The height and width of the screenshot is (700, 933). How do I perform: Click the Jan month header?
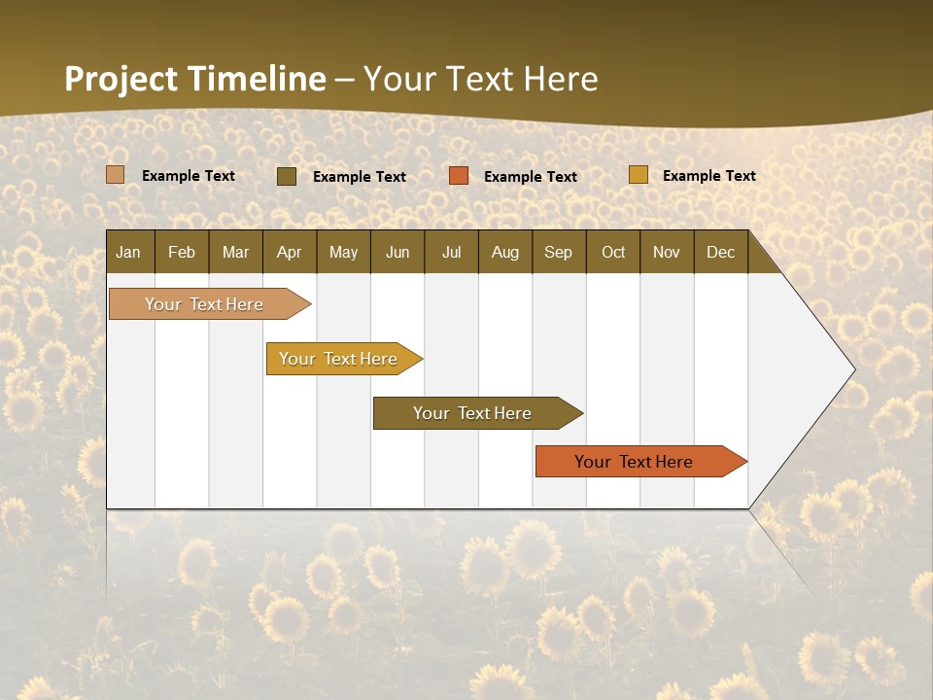point(129,252)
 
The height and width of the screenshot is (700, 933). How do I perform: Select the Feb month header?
point(182,252)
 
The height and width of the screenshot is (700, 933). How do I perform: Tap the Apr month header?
point(289,252)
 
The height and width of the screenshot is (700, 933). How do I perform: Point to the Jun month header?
point(397,252)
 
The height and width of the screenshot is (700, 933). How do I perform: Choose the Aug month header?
point(504,252)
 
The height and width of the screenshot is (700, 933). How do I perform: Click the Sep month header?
point(558,252)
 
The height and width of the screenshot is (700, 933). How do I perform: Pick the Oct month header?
point(613,252)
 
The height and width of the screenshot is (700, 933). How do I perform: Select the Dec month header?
point(720,252)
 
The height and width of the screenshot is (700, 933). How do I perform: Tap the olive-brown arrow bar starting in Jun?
point(474,413)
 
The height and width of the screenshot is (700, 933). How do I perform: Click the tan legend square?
point(116,175)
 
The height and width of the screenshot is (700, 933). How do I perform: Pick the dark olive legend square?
point(287,176)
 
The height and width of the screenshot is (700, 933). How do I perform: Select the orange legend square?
point(459,176)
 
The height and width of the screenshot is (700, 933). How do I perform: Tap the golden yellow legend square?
point(638,175)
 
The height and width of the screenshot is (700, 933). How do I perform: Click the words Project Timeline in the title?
point(194,79)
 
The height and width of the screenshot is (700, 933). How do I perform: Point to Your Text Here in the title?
point(480,79)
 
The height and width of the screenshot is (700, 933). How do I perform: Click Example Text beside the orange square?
point(530,177)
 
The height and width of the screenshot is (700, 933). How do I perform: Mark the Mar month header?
point(235,252)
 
